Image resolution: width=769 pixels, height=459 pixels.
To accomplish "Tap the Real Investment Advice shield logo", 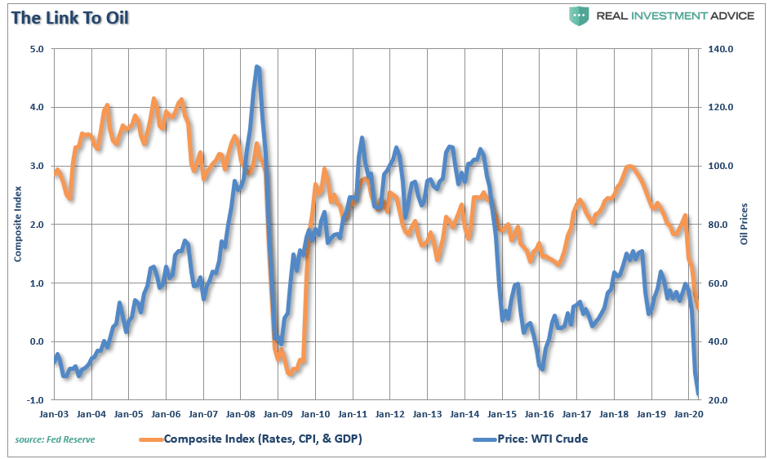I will click(x=580, y=16).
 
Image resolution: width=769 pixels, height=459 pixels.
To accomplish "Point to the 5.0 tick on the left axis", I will click(x=37, y=49).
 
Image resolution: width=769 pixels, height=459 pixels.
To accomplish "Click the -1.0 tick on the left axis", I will click(x=35, y=400).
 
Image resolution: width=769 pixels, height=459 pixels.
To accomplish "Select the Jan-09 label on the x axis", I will click(x=278, y=414).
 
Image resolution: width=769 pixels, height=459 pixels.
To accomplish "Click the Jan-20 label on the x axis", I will click(x=687, y=414).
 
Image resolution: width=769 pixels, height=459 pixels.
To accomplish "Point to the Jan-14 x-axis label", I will click(x=465, y=414).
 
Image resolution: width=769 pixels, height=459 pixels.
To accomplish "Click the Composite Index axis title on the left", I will click(x=17, y=225).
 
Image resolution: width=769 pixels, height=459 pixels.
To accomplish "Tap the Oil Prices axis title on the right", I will click(x=744, y=225).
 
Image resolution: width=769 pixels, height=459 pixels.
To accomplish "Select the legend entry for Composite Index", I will click(x=262, y=439).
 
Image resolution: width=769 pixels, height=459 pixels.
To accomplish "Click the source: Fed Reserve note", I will click(x=55, y=439).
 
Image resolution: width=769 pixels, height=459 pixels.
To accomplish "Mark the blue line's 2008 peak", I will click(x=257, y=67).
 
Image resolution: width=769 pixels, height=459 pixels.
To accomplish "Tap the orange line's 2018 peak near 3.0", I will click(x=629, y=167).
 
